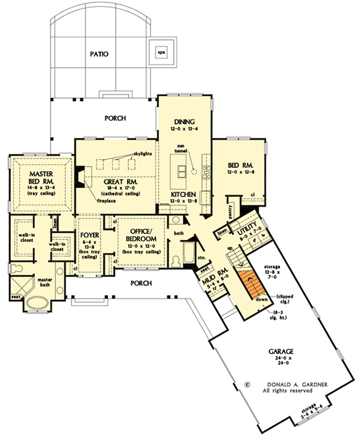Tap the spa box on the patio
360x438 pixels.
tap(161, 53)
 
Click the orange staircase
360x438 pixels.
tap(251, 283)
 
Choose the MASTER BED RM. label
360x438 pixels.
tap(40, 178)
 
